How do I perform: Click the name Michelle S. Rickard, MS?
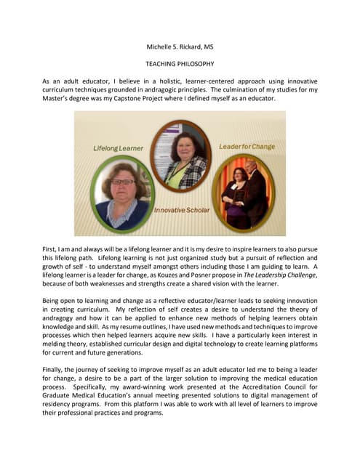coord(180,47)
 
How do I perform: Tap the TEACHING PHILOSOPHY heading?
coord(180,64)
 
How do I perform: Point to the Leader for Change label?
coord(247,147)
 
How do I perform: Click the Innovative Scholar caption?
coord(182,210)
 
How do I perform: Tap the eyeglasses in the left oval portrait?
coord(123,182)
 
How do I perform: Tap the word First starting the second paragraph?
coord(50,249)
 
